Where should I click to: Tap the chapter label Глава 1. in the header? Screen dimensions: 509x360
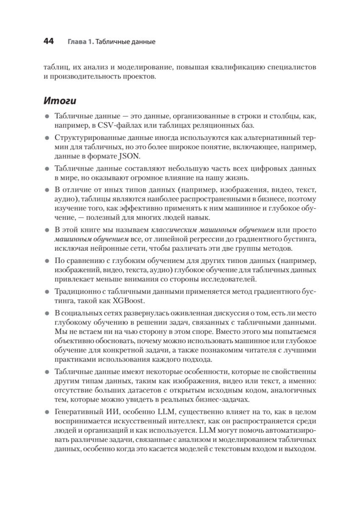pos(80,42)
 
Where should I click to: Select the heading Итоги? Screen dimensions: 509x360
pos(60,101)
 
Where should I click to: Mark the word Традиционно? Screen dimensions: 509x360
pos(75,291)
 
